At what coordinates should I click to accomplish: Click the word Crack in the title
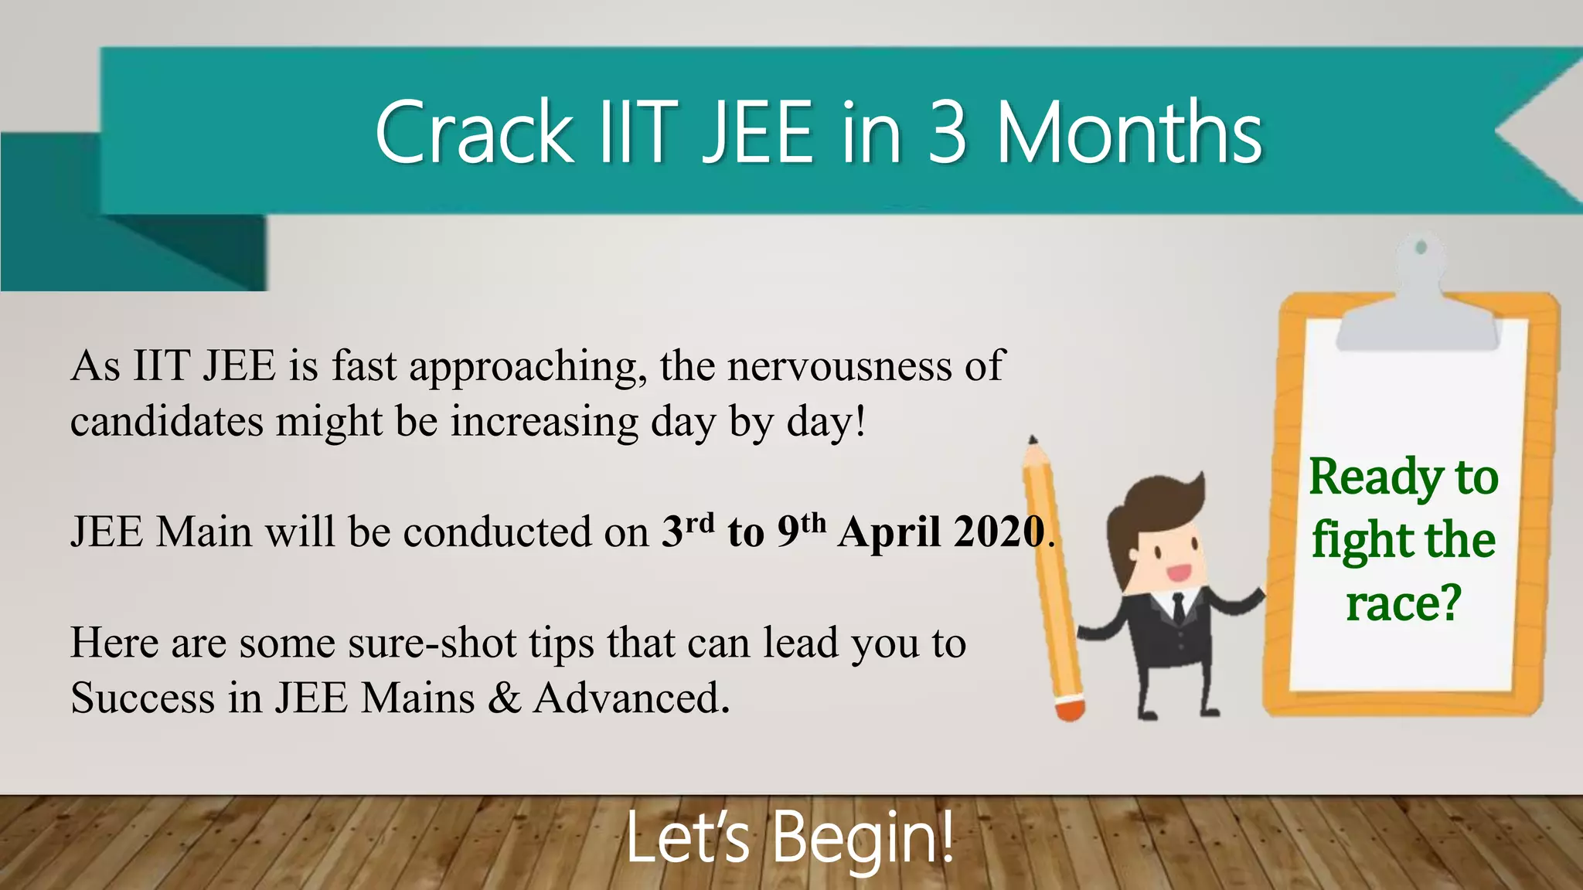point(473,133)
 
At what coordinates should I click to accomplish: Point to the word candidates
point(166,422)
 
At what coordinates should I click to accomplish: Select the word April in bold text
point(889,533)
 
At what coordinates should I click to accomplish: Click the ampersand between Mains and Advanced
point(504,698)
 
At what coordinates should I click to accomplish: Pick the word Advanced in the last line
point(630,698)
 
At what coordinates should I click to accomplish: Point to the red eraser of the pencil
point(1071,709)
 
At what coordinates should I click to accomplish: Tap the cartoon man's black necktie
point(1178,607)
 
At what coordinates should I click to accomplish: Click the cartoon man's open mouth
point(1178,572)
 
